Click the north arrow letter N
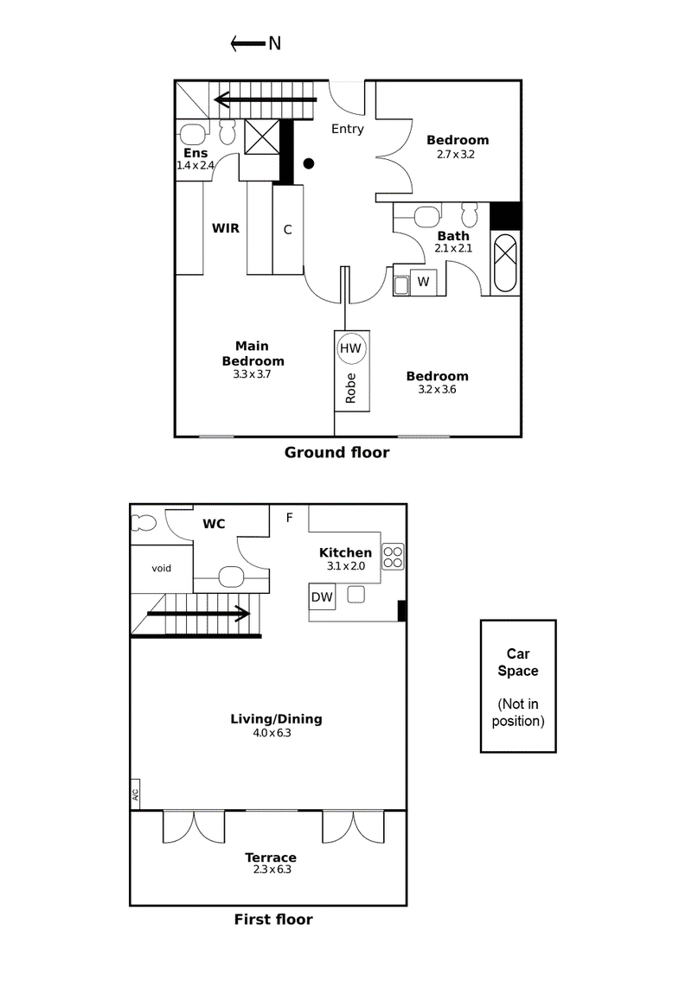(274, 43)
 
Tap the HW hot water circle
(350, 348)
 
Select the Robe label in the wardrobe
(350, 388)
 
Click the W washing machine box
(423, 283)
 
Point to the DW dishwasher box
(322, 596)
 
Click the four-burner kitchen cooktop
(393, 557)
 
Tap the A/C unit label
(135, 794)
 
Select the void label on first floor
(162, 569)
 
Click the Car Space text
(518, 662)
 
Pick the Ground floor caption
(336, 452)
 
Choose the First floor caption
(273, 920)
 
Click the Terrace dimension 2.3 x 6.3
(272, 870)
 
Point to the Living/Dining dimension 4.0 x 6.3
(272, 733)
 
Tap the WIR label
(225, 228)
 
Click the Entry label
(348, 129)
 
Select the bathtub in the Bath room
(504, 264)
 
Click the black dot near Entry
(309, 164)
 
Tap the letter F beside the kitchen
(290, 518)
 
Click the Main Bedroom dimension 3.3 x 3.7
(252, 374)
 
